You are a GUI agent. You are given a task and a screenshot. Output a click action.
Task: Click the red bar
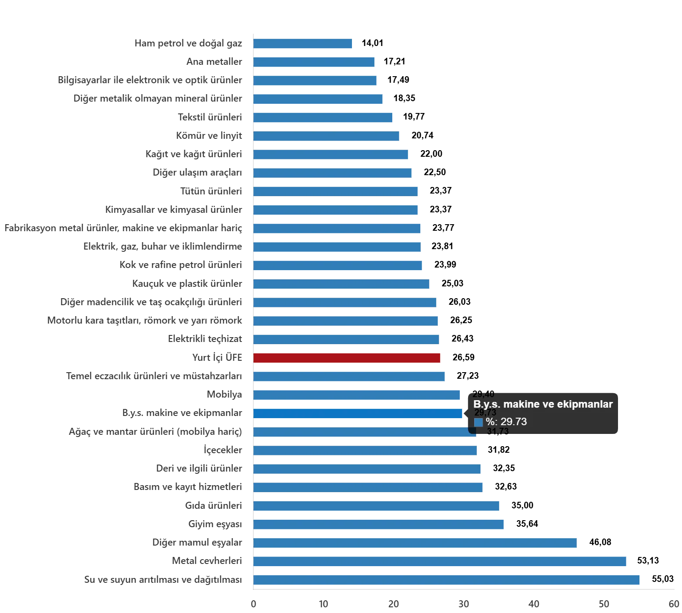pos(347,358)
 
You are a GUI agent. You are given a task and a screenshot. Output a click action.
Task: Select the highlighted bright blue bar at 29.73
pos(358,413)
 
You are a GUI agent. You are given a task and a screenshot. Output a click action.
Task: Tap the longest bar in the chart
pos(447,580)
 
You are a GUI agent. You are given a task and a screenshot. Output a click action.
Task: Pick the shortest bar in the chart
pos(303,44)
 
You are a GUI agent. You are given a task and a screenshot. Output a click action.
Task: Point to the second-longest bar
pos(440,561)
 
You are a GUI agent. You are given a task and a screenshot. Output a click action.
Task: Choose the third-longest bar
pos(416,543)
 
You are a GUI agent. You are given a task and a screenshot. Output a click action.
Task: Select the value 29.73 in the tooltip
pos(513,422)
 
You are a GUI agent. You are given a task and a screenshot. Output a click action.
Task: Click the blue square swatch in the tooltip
pos(478,422)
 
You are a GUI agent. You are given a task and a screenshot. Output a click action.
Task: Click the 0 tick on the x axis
pos(253,605)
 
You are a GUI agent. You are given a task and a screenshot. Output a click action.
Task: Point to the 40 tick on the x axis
pos(533,605)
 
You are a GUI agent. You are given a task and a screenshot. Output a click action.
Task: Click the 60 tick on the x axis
pos(673,605)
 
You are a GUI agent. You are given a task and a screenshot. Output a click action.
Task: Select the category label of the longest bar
pos(163,580)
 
